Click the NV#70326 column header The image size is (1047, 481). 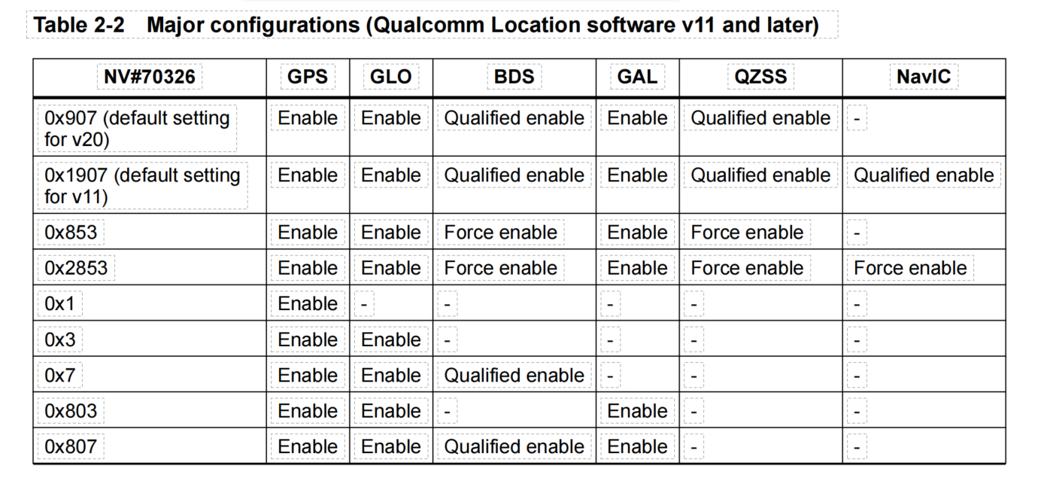150,77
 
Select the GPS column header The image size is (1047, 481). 308,77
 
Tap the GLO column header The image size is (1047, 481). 391,77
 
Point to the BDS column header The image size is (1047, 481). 514,77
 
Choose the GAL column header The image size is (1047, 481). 638,77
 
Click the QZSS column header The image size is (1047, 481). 760,77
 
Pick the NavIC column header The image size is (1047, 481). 924,77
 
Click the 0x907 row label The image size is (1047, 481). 137,129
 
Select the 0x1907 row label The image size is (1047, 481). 142,186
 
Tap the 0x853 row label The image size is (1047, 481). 71,233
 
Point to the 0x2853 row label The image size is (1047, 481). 76,268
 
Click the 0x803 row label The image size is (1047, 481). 71,411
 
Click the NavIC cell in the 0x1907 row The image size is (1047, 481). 924,175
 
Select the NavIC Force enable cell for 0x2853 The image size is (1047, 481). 910,268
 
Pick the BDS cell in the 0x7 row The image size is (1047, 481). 514,376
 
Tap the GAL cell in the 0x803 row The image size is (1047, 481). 638,411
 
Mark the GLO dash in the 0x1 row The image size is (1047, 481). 364,305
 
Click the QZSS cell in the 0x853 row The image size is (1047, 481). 747,233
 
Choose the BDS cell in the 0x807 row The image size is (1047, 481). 514,447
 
